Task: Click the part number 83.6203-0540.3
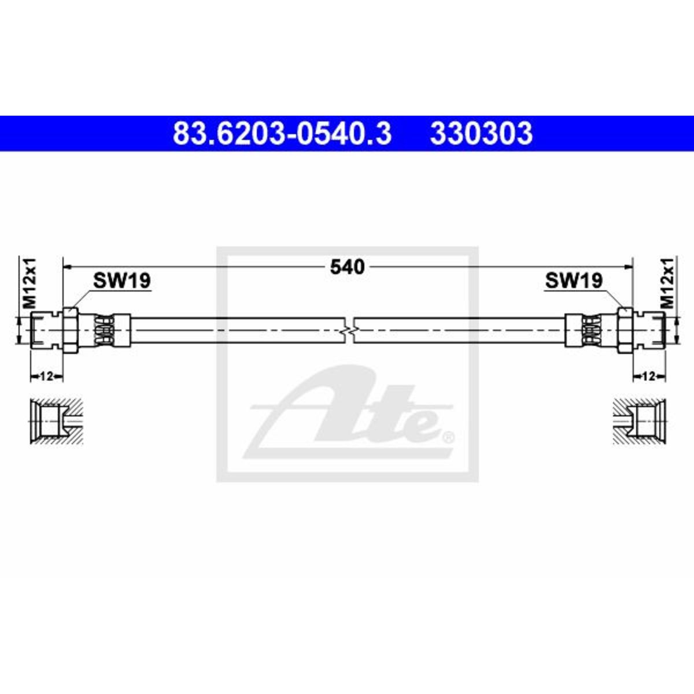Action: [282, 134]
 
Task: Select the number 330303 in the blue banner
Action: [481, 134]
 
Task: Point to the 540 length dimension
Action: [348, 267]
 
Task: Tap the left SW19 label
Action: [121, 280]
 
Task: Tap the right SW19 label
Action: [574, 280]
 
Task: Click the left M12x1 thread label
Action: [30, 283]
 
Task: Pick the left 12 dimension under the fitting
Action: [47, 376]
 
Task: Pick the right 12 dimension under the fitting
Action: [648, 376]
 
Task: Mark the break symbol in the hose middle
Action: [348, 330]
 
